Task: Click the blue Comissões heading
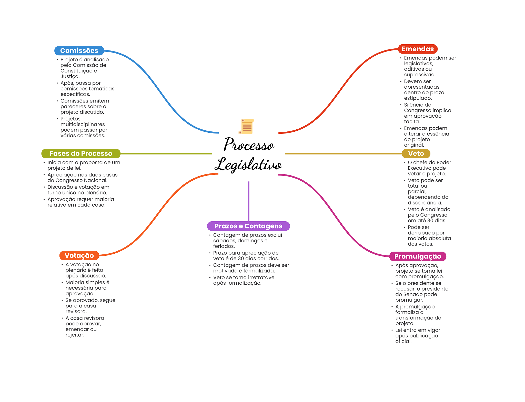(79, 51)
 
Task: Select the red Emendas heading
(417, 49)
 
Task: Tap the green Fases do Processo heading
(81, 153)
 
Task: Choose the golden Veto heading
(416, 153)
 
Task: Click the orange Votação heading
(79, 255)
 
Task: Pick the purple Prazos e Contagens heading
(248, 226)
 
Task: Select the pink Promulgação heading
(418, 256)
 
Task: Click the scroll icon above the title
(247, 126)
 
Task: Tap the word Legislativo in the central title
(248, 164)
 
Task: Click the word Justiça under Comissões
(70, 76)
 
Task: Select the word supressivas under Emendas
(419, 75)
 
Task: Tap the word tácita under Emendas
(412, 122)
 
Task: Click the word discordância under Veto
(425, 203)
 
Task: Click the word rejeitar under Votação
(75, 335)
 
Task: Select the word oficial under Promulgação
(403, 341)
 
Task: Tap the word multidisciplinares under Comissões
(83, 125)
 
